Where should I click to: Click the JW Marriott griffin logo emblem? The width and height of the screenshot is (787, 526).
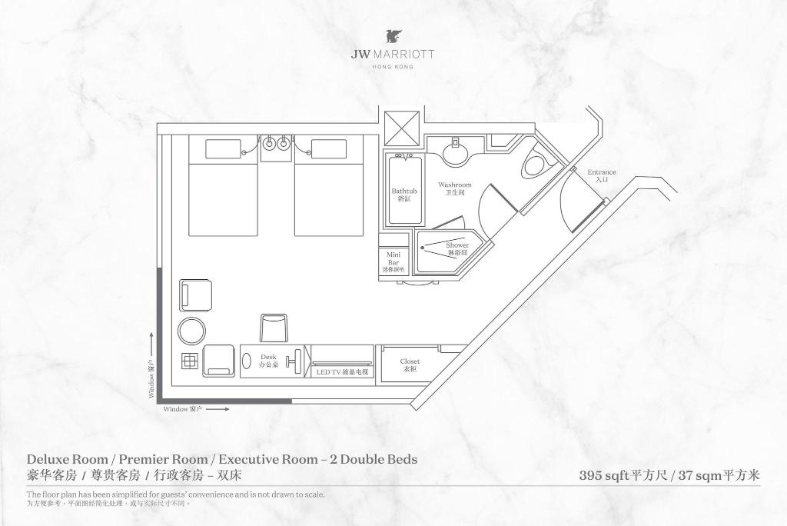point(393,37)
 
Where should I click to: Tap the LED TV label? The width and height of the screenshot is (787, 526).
point(342,371)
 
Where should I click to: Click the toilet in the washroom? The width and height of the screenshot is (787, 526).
point(535,165)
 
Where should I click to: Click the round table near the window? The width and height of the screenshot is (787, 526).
point(192,331)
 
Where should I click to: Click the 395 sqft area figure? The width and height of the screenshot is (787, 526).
point(604,475)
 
